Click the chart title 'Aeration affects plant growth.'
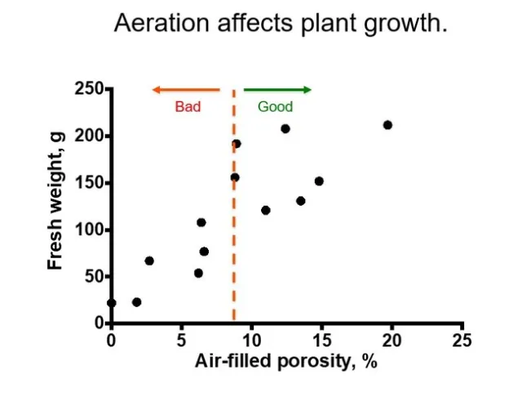point(281,23)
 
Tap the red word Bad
point(188,107)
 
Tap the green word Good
point(275,107)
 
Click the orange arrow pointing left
point(186,90)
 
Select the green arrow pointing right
point(277,90)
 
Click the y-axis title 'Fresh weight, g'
point(55,207)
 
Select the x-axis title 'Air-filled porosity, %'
point(285,361)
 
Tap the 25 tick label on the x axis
point(462,339)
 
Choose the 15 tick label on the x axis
point(322,339)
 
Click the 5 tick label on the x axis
point(182,339)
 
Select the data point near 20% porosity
point(387,125)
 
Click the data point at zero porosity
point(112,303)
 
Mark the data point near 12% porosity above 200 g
point(285,128)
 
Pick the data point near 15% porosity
point(319,181)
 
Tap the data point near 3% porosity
point(149,261)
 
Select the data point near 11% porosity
point(265,210)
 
